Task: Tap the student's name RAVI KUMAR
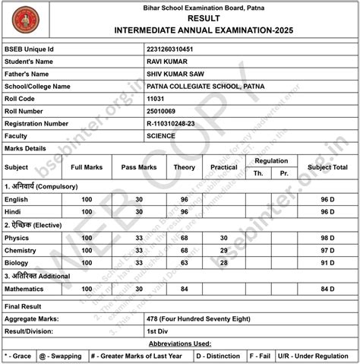(x=167, y=62)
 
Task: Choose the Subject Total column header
(x=327, y=166)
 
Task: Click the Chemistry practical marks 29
(x=223, y=249)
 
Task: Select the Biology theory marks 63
(x=184, y=262)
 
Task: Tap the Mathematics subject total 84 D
(x=327, y=289)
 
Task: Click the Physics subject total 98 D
(x=327, y=237)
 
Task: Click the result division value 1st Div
(x=158, y=331)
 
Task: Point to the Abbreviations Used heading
(x=180, y=343)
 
